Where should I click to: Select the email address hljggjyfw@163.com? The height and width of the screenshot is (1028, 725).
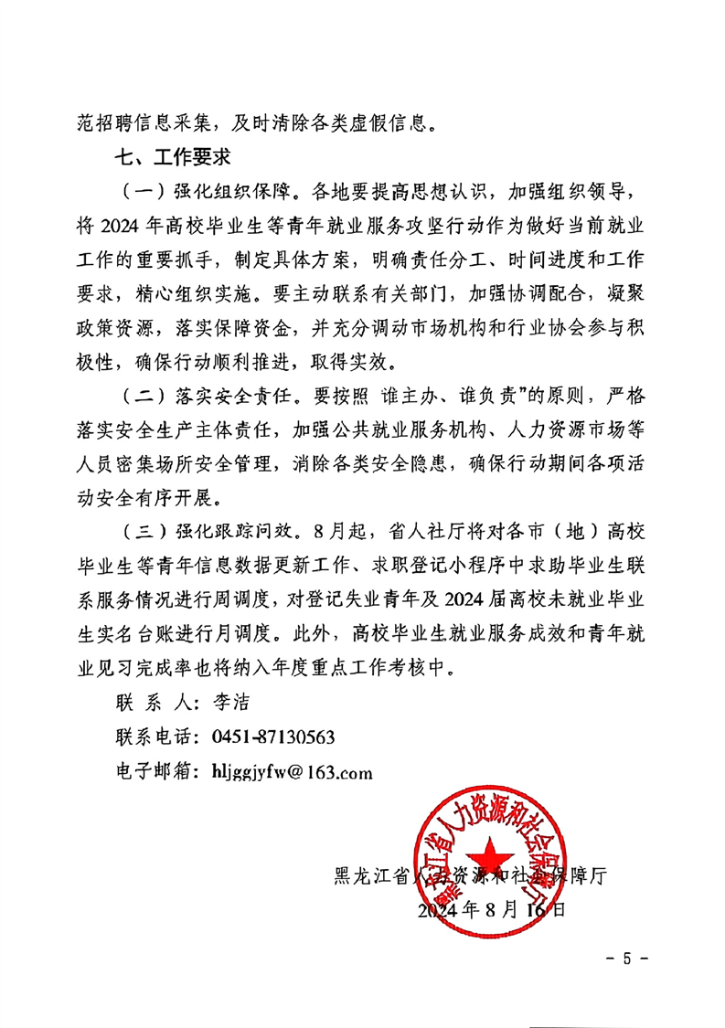292,772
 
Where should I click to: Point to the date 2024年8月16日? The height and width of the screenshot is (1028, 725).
491,910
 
